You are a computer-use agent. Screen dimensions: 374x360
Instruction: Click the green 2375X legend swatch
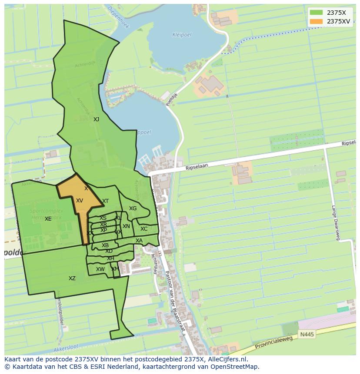tap(316, 13)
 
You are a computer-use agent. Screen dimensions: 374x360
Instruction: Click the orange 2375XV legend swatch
tap(316, 21)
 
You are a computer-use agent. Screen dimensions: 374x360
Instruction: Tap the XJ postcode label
tap(96, 119)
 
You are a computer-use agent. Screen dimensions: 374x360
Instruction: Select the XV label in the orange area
tap(80, 201)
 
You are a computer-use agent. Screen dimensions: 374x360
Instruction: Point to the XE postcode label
tap(48, 219)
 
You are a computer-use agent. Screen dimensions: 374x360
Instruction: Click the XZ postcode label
tap(72, 278)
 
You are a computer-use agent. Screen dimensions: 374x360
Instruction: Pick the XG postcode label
tap(133, 209)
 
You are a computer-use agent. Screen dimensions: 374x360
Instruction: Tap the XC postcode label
tap(144, 229)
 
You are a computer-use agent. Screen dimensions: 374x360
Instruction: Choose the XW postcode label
tap(100, 269)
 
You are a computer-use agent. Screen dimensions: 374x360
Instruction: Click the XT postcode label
tap(105, 201)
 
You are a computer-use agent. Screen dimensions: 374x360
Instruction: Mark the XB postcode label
tap(105, 245)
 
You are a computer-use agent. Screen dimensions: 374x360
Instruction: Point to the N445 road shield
tap(306, 334)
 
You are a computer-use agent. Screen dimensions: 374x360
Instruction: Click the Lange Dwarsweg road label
tap(335, 222)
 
